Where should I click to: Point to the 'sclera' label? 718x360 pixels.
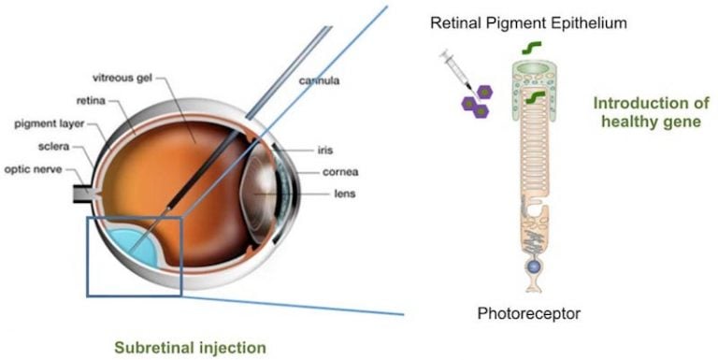point(51,147)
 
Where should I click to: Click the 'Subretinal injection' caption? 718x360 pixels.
point(190,347)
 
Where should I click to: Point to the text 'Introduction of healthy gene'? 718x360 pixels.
point(648,112)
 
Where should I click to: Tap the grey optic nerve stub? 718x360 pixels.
point(81,194)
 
